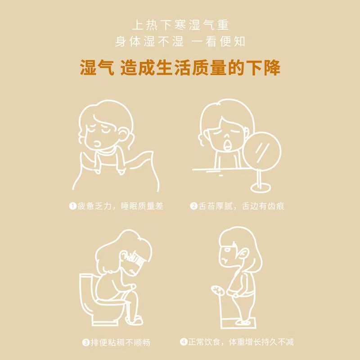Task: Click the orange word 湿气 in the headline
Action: coord(97,67)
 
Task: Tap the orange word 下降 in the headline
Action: coord(263,67)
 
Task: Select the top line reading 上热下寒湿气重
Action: coord(180,25)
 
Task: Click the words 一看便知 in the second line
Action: coord(218,41)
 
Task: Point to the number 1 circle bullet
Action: coord(72,206)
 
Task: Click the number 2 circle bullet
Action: coord(193,206)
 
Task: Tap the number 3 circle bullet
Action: coord(85,342)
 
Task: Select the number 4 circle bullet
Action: coord(184,342)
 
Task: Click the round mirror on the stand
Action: coord(262,150)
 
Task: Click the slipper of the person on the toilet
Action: coord(134,320)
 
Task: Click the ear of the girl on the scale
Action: coord(243,254)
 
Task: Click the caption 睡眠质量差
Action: coord(142,206)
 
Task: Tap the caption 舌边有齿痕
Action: coord(263,206)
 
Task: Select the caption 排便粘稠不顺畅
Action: coord(121,342)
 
